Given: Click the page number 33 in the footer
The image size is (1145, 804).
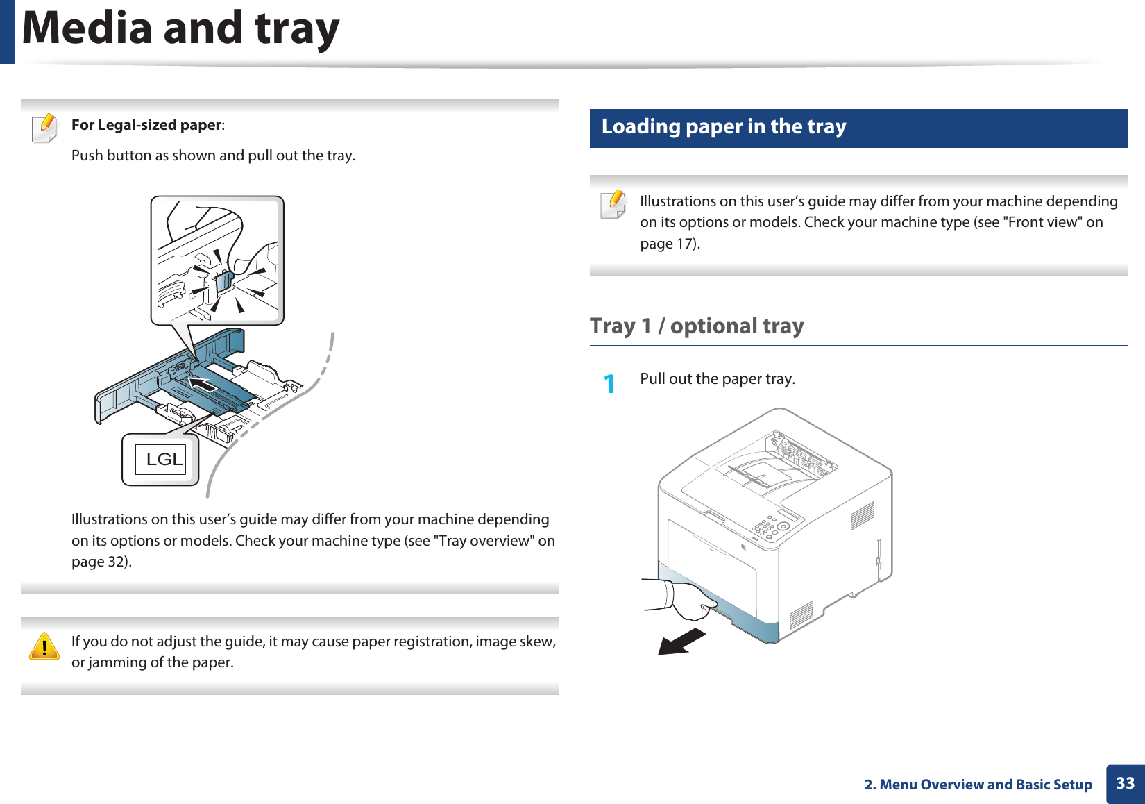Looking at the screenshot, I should click(1125, 784).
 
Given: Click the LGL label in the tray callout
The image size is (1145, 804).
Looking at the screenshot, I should click(163, 460).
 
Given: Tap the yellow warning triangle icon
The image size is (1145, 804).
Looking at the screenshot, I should click(44, 646).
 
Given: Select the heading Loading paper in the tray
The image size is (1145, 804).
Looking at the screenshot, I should click(723, 127).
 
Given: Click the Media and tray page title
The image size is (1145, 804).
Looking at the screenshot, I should click(180, 29).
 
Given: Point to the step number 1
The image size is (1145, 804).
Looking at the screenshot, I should click(609, 383).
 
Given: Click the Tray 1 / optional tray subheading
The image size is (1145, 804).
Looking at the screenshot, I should click(697, 326).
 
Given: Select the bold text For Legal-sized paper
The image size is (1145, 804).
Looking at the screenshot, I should click(146, 126).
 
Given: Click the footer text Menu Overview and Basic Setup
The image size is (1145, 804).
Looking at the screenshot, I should click(985, 785).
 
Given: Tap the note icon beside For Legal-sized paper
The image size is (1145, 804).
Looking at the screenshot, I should click(45, 128).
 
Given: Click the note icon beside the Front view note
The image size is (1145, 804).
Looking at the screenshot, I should click(613, 204).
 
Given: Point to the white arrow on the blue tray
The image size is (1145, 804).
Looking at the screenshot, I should click(203, 384).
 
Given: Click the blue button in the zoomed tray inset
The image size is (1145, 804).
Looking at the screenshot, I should click(223, 281).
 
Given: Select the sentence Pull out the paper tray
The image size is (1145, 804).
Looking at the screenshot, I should click(717, 379).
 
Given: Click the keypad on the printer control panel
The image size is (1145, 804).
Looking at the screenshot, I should click(765, 527).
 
